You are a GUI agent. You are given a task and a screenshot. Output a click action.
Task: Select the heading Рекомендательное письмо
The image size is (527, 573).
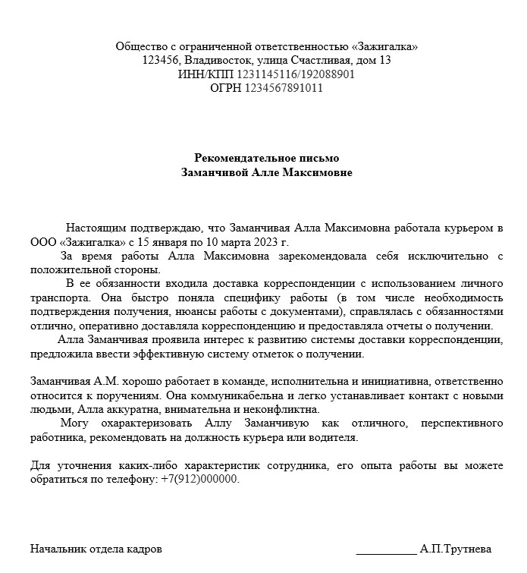click(x=267, y=158)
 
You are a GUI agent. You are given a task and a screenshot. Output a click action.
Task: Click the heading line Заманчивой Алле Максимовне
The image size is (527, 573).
click(x=267, y=172)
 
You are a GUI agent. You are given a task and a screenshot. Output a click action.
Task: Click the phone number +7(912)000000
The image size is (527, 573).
click(x=200, y=480)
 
